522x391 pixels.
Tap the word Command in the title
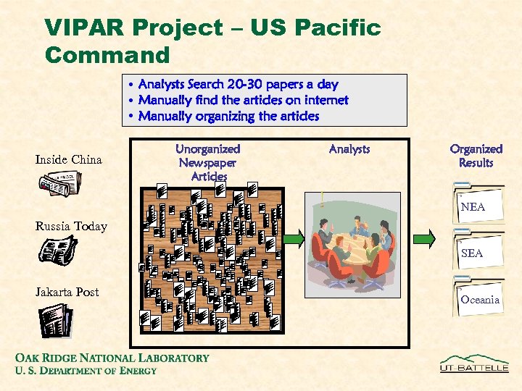[107, 54]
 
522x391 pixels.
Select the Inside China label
[69, 159]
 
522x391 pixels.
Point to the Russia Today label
[71, 227]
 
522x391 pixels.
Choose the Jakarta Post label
[67, 292]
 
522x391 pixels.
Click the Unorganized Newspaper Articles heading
[209, 162]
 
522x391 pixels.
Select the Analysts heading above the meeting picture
[349, 149]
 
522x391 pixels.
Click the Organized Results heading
[476, 156]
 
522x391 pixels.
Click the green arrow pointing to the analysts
[294, 239]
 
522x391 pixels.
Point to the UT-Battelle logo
[475, 363]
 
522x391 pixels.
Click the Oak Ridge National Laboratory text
[112, 358]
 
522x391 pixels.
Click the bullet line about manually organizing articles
[228, 116]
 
